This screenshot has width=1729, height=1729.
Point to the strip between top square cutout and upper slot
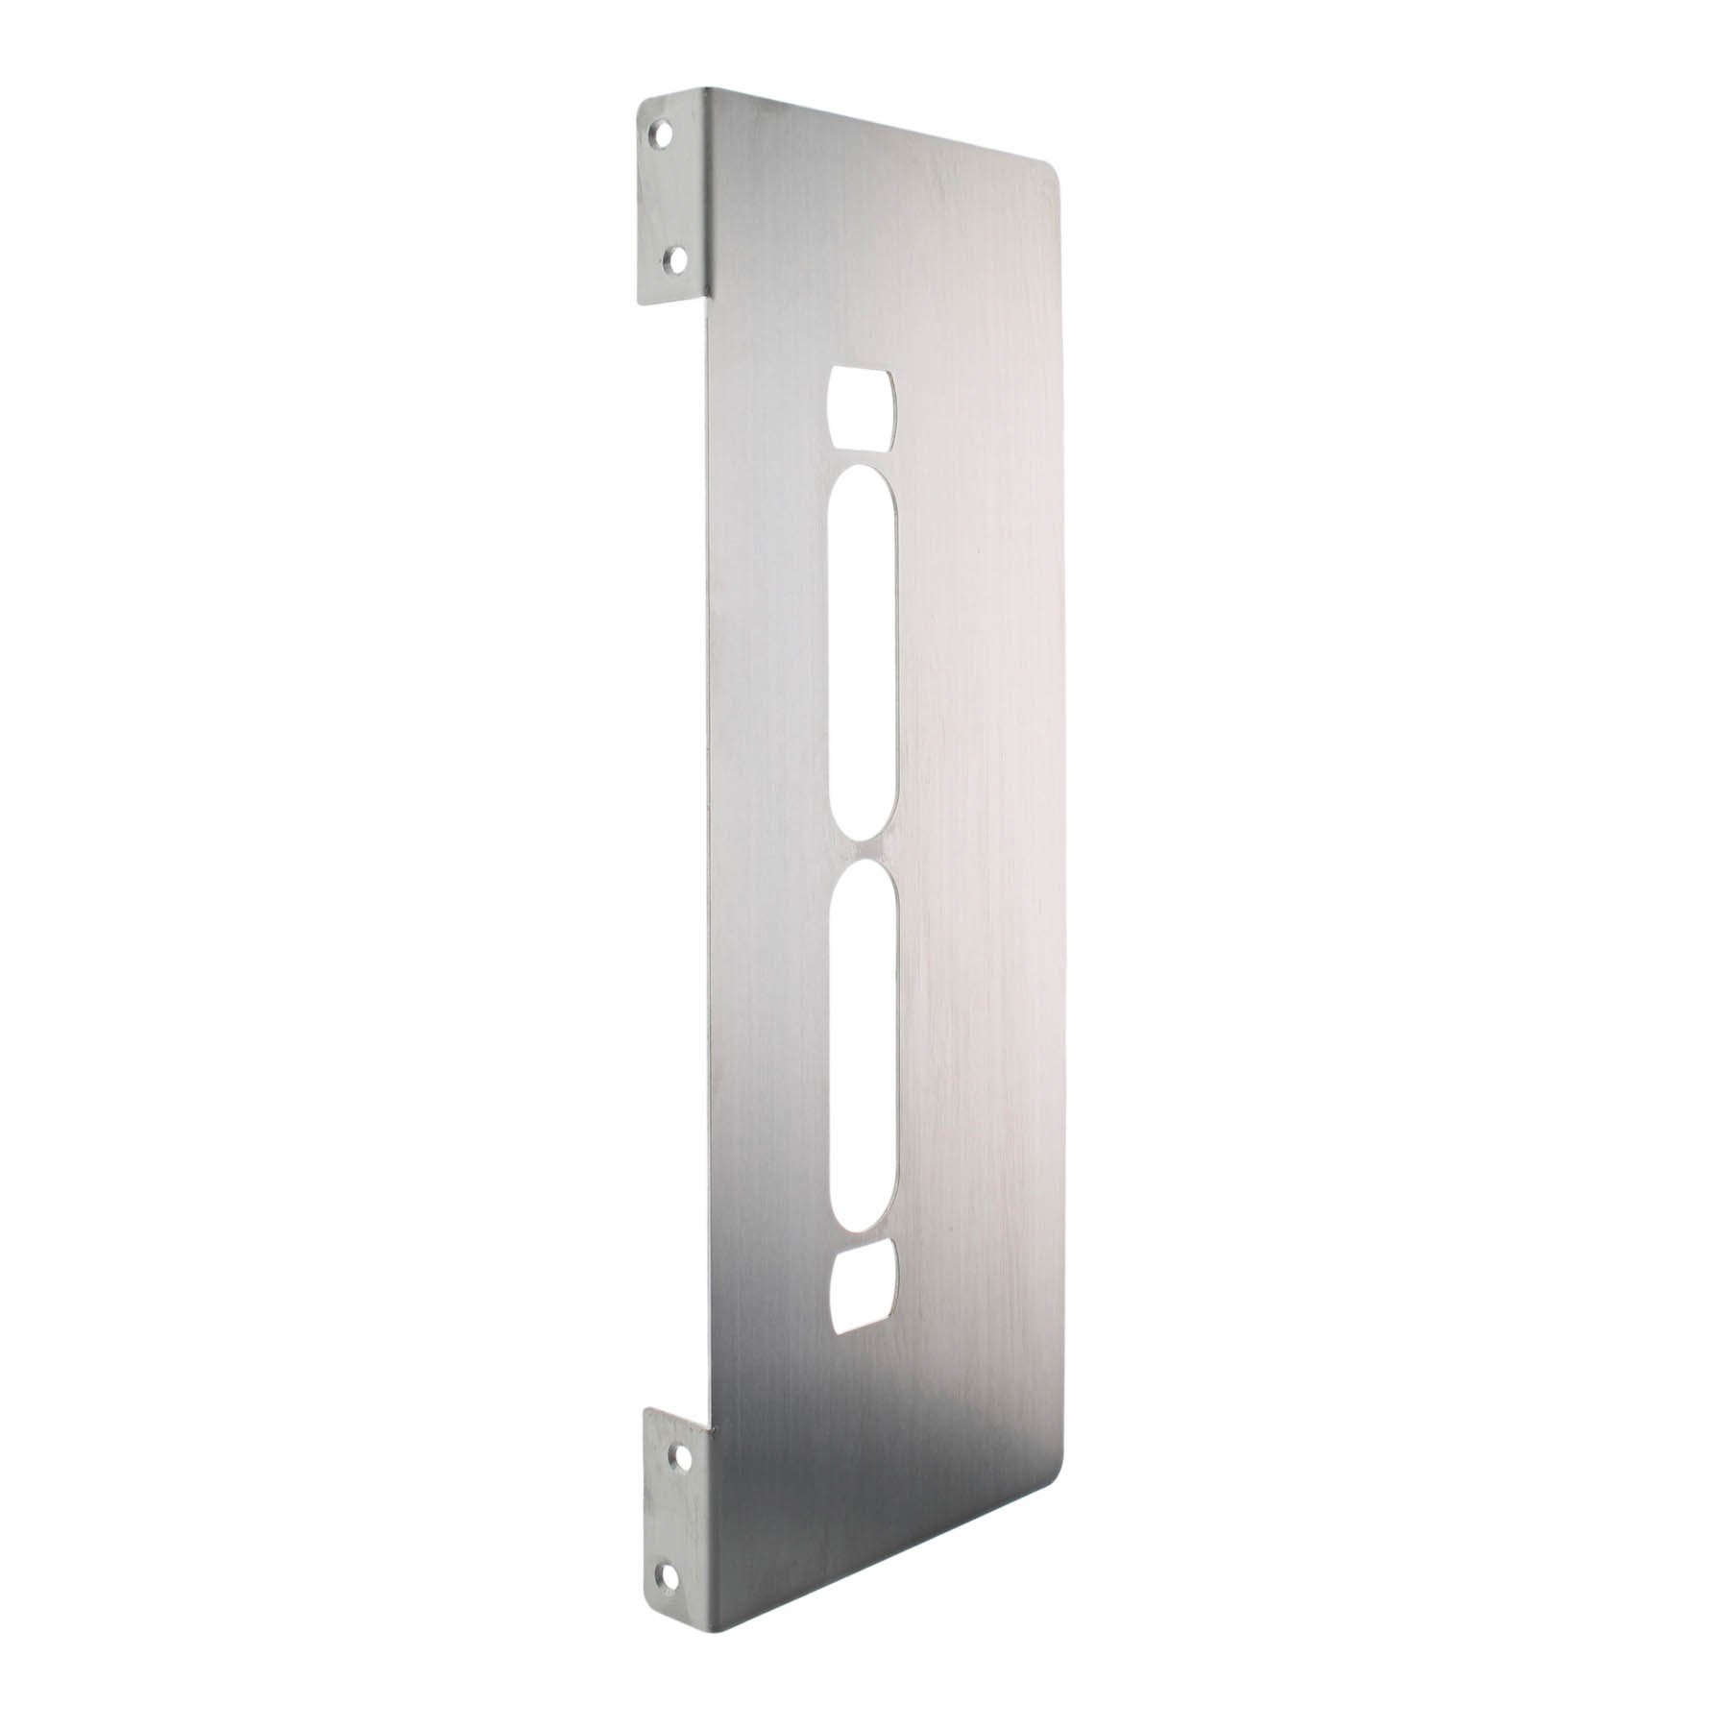[x=864, y=458]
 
